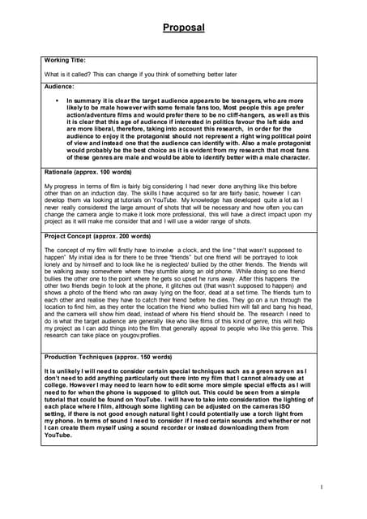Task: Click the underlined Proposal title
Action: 183,28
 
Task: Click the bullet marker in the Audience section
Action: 57,100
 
